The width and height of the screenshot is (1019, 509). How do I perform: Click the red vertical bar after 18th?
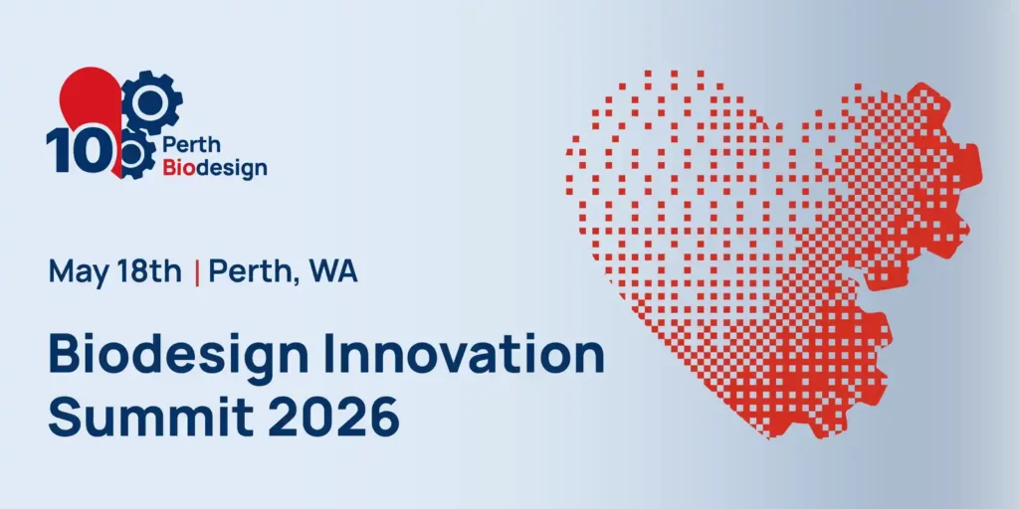pyautogui.click(x=197, y=272)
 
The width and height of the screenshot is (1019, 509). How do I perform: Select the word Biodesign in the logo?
pyautogui.click(x=215, y=168)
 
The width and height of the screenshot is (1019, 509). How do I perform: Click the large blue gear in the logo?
pyautogui.click(x=151, y=101)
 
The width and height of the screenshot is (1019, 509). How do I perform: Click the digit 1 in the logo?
pyautogui.click(x=57, y=150)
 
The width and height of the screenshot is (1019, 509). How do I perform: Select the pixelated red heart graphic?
pyautogui.click(x=772, y=254)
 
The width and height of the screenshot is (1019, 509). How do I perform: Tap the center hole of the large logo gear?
pyautogui.click(x=151, y=100)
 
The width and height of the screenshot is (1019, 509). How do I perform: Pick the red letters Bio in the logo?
pyautogui.click(x=177, y=168)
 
